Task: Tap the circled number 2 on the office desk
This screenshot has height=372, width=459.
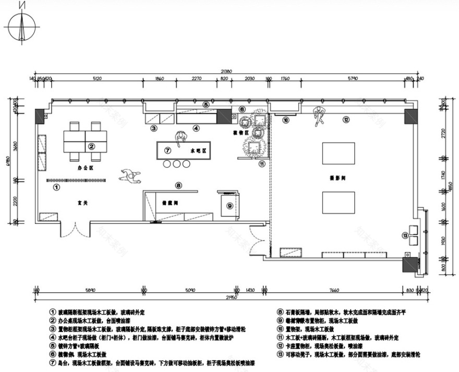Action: pos(91,147)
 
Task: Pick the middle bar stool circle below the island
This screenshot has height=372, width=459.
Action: pos(177,164)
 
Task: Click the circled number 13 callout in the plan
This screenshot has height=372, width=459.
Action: pos(405,235)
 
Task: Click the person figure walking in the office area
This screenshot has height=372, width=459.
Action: pos(130,176)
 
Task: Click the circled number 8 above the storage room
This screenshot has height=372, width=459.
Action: pos(178,185)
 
